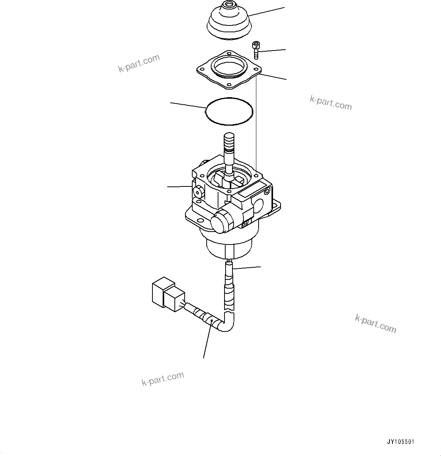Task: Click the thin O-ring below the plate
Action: coord(229,111)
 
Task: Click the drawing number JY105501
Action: coord(400,442)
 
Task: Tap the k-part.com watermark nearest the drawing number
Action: coord(375,323)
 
